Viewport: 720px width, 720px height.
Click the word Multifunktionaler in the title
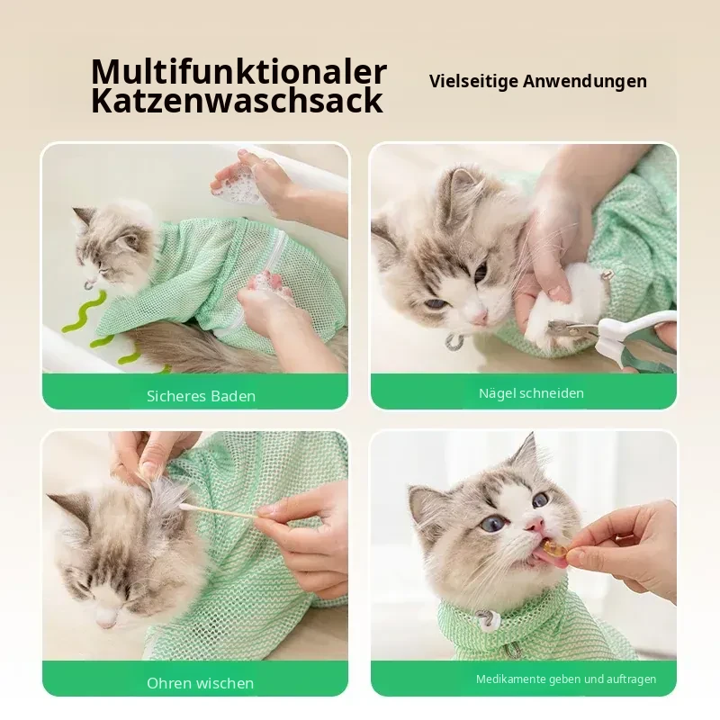tap(238, 71)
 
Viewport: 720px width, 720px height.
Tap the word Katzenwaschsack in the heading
tap(237, 101)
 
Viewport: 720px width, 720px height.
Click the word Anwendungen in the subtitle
tap(584, 81)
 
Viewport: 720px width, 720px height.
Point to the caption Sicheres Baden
tap(201, 396)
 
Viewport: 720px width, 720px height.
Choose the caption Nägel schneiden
tap(531, 393)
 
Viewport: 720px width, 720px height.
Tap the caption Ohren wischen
tap(200, 683)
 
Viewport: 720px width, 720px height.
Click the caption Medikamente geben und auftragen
tap(566, 679)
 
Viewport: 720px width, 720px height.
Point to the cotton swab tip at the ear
tap(187, 507)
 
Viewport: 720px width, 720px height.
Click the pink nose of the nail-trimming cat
tap(480, 316)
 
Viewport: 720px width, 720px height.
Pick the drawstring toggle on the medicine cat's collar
tap(483, 619)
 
